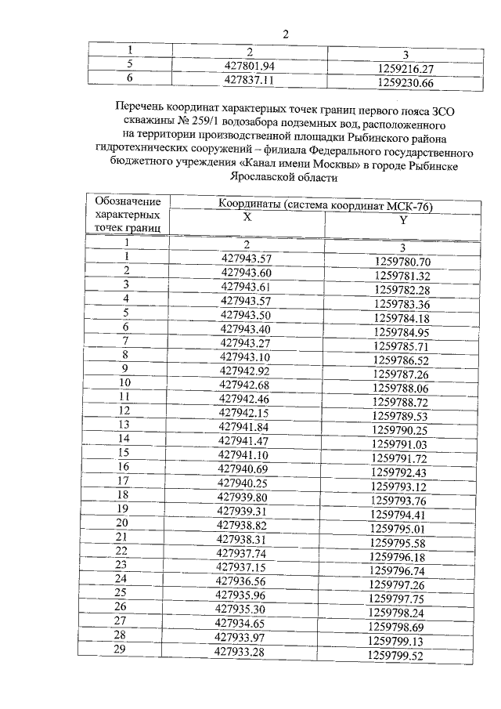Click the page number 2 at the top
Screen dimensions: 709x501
(286, 34)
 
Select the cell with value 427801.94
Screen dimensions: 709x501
(250, 67)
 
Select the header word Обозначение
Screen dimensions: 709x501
(128, 202)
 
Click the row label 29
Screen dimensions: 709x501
(121, 650)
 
